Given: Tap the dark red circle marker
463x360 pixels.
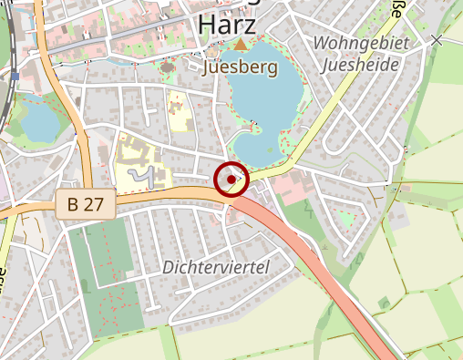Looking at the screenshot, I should tap(231, 180).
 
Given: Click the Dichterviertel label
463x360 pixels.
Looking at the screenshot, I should tap(216, 267).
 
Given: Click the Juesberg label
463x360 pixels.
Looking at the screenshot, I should tap(242, 67).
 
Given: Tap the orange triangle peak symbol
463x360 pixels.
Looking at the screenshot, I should tap(240, 44).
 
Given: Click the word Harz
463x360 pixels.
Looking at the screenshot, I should tap(231, 24).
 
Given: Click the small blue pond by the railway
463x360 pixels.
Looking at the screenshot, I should tap(37, 120).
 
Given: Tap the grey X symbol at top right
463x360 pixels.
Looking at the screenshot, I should tap(437, 40).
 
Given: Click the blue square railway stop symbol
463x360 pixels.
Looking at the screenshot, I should tap(15, 76).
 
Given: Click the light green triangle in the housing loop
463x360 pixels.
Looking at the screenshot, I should tap(346, 219).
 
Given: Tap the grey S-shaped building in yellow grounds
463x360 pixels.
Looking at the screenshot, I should tap(141, 174).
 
